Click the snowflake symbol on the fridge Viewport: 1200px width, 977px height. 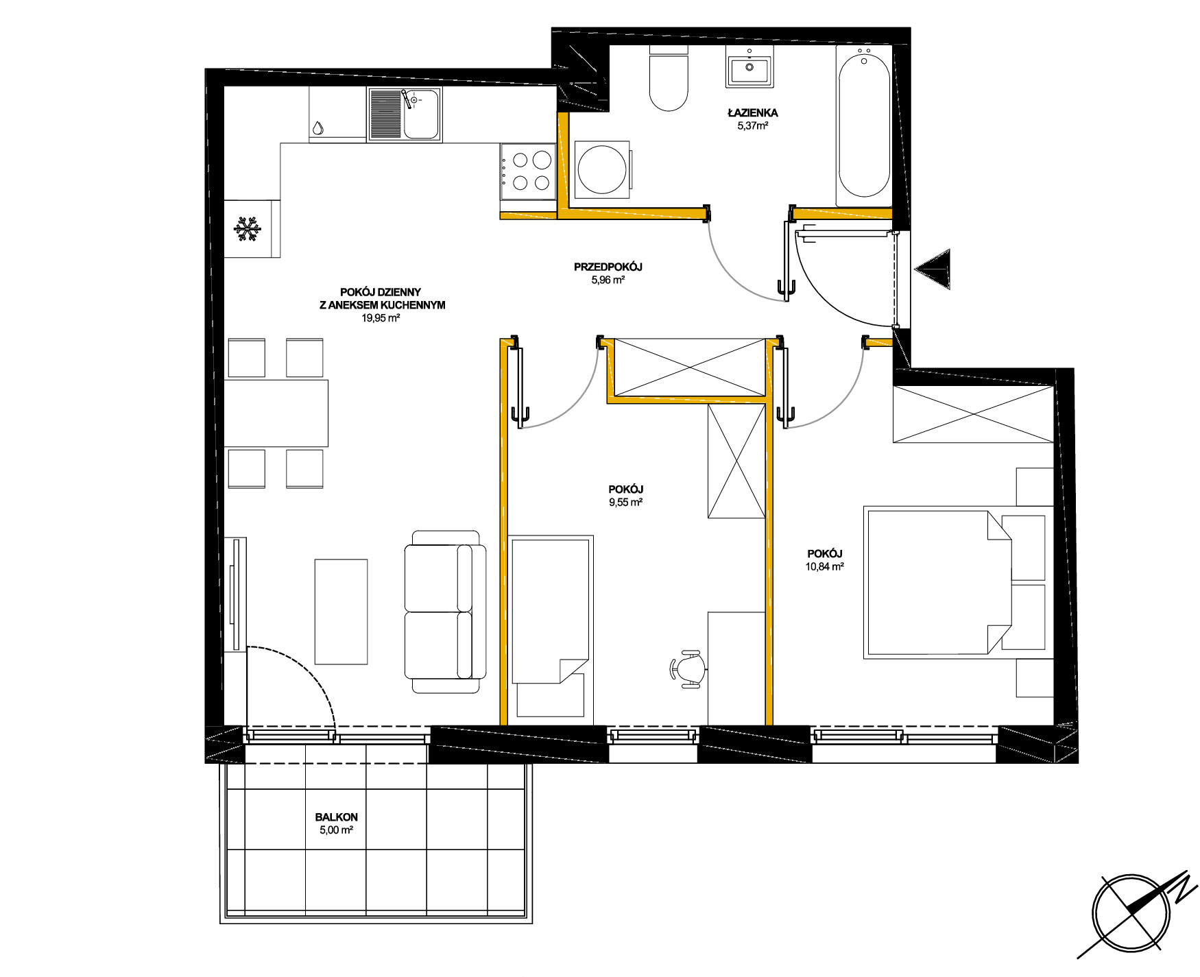[248, 229]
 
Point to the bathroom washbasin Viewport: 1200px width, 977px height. [749, 67]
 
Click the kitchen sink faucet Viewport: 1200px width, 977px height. [409, 99]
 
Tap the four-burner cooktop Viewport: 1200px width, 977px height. [527, 171]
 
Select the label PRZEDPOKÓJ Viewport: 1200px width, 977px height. [608, 267]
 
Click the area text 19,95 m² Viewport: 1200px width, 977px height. [381, 318]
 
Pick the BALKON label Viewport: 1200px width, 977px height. [337, 817]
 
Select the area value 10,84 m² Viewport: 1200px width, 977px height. [825, 567]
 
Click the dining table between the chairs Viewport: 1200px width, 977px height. [276, 413]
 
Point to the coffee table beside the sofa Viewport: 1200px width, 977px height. [341, 612]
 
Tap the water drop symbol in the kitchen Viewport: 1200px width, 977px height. [317, 128]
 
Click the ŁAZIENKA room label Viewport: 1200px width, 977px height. [753, 112]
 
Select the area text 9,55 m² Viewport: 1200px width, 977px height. [626, 503]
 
